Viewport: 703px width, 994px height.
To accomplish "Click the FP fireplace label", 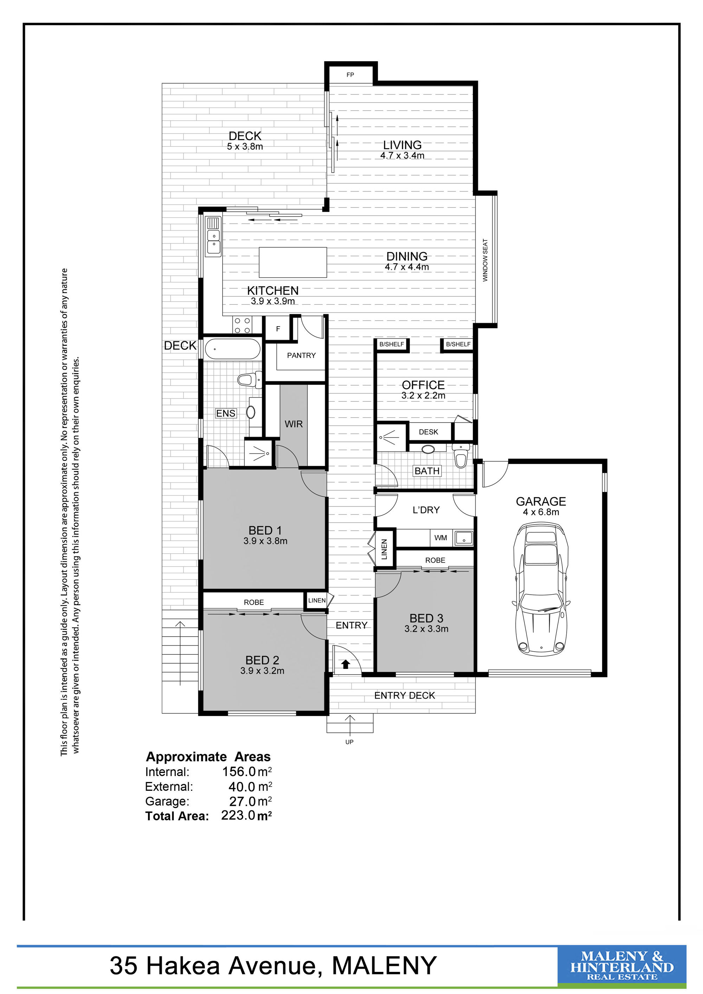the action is [x=350, y=75].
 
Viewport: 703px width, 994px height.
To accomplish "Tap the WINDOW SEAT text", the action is [x=485, y=260].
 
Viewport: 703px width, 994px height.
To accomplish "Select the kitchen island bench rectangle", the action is [x=293, y=262].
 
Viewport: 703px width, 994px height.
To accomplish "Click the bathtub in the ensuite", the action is [x=232, y=349].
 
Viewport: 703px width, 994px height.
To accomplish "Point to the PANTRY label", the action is [x=301, y=355].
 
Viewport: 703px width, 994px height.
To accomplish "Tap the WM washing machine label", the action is [x=441, y=538].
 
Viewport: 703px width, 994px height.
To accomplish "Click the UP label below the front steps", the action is [x=349, y=742].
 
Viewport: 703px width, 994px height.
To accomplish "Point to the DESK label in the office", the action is [x=428, y=432].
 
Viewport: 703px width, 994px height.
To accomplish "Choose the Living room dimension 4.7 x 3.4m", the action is [x=402, y=156].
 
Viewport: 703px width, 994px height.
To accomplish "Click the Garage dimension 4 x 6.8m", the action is [x=541, y=512].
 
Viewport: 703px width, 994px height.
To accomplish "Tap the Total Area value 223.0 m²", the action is [x=247, y=816].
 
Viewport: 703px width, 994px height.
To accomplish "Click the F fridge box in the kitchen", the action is [x=278, y=329].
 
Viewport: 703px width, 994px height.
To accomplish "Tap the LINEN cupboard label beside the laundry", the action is [x=384, y=549].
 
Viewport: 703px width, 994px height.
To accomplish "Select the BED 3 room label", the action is [x=426, y=618].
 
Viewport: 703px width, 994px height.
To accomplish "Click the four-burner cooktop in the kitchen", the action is [x=242, y=325].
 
